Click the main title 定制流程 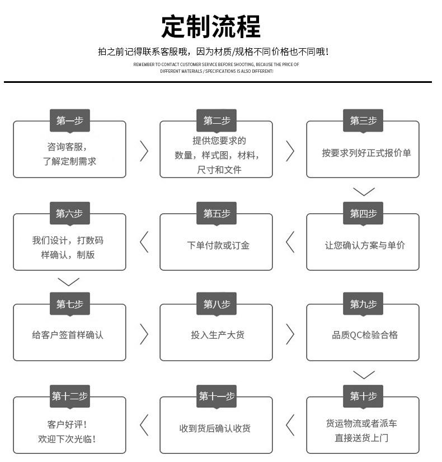point(211,26)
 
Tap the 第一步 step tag point(70,120)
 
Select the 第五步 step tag point(217,213)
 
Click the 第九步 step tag point(363,304)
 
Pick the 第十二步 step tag point(70,396)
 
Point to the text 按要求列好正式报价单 point(366,153)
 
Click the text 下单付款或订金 point(218,245)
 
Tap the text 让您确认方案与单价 point(365,245)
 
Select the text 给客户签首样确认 point(68,335)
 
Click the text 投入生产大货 point(218,335)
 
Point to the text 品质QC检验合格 point(365,335)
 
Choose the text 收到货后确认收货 point(215,428)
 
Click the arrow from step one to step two point(144,151)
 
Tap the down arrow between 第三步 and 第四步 point(364,192)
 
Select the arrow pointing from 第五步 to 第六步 point(144,242)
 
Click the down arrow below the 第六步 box point(69,282)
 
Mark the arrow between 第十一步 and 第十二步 point(144,425)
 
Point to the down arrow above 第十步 point(364,375)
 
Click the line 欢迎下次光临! point(67,439)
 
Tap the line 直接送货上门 point(361,438)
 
